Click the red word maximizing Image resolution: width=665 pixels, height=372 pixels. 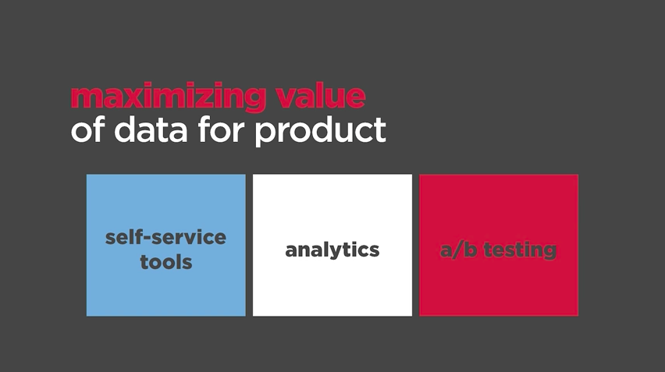tap(169, 97)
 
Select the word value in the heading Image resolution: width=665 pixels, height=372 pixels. tap(321, 95)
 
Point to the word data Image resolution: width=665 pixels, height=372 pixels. tap(151, 129)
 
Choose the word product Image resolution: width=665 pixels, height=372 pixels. tap(320, 132)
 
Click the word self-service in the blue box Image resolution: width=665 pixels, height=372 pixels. tap(165, 237)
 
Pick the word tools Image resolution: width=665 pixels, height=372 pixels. tap(166, 262)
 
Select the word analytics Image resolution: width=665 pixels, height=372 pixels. tap(332, 250)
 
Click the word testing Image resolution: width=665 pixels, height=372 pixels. tap(520, 250)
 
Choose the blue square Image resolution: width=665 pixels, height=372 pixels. tap(165, 245)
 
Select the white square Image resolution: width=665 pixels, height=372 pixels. tap(332, 245)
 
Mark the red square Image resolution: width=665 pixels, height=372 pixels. tap(499, 245)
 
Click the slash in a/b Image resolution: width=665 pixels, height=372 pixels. tap(457, 250)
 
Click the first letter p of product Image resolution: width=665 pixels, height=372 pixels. tap(265, 134)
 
